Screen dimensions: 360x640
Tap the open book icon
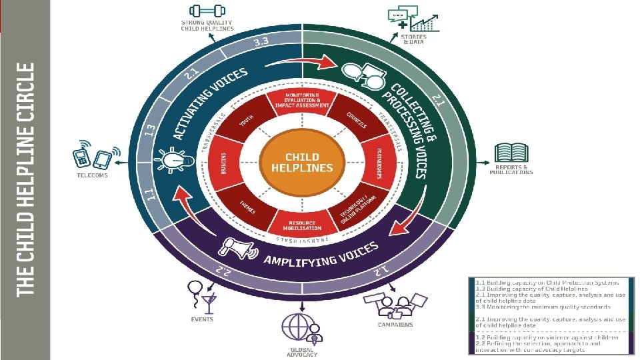[x=512, y=153]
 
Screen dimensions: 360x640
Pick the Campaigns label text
[x=396, y=325]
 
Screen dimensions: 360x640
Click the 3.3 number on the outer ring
[x=261, y=43]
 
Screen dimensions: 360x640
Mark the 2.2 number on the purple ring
[x=221, y=270]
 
